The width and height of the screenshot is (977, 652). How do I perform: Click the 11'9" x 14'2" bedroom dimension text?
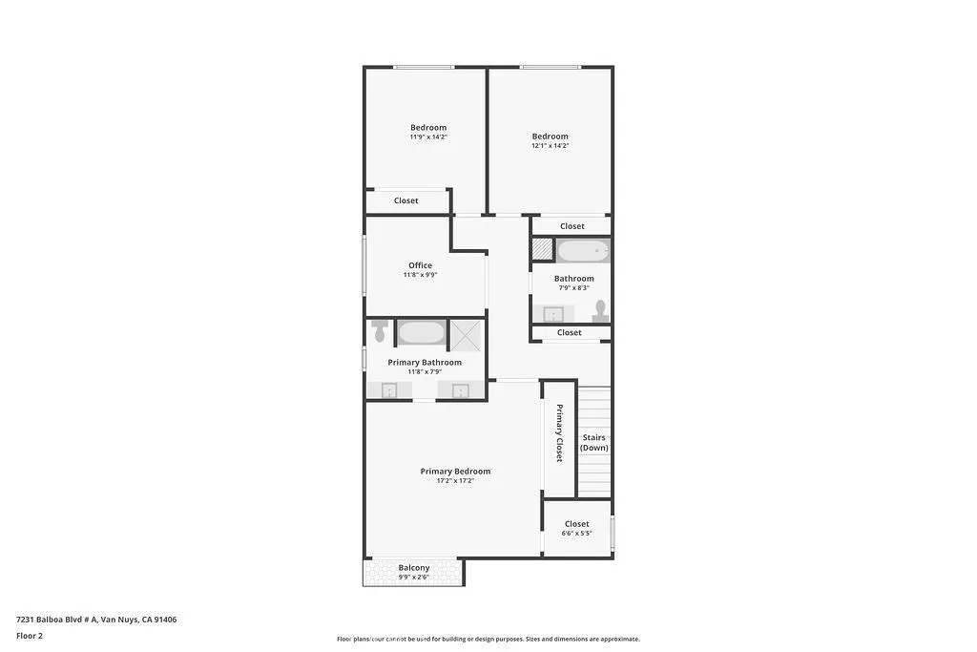click(428, 137)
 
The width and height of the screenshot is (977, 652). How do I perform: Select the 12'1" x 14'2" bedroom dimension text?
click(550, 146)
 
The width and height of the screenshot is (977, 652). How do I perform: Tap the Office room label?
click(420, 265)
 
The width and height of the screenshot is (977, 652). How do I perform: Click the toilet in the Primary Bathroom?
click(380, 330)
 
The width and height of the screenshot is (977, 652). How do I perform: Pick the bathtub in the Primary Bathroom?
click(421, 332)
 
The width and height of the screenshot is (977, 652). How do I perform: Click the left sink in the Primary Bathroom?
click(389, 390)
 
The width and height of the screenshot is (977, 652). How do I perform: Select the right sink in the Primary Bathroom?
click(460, 390)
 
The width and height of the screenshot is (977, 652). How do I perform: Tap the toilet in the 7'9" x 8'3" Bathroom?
click(600, 310)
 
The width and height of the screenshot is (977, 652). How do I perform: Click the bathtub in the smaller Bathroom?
click(582, 251)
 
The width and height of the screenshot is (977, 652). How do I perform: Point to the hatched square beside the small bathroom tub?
click(542, 250)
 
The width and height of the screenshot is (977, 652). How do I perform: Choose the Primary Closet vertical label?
click(559, 433)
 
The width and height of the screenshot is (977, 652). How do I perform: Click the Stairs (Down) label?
click(593, 443)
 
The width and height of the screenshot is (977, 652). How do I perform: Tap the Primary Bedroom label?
click(455, 471)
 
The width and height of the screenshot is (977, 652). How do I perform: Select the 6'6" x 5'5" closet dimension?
click(576, 534)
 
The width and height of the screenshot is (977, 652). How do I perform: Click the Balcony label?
click(413, 567)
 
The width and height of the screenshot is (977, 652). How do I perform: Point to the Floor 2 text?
click(30, 636)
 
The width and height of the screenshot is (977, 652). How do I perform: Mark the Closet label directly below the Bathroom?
click(569, 332)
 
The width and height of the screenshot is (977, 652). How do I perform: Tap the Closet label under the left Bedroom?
click(405, 200)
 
